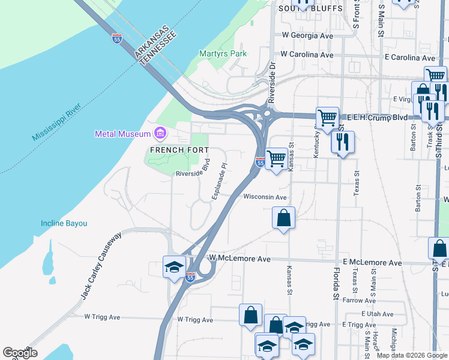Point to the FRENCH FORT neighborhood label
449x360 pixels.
(x=180, y=149)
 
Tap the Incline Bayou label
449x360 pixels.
(x=64, y=223)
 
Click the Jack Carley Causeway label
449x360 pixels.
(x=101, y=266)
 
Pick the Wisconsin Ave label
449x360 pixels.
(x=265, y=197)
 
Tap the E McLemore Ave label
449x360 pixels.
(x=372, y=263)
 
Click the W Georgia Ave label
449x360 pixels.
(x=303, y=36)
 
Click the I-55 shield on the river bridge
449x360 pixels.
(x=117, y=39)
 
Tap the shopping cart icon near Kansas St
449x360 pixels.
(x=276, y=159)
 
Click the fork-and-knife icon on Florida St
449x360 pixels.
(x=342, y=142)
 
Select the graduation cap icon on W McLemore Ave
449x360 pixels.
(x=174, y=266)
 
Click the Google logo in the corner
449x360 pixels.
(x=20, y=353)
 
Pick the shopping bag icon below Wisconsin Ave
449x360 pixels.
(x=283, y=218)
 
